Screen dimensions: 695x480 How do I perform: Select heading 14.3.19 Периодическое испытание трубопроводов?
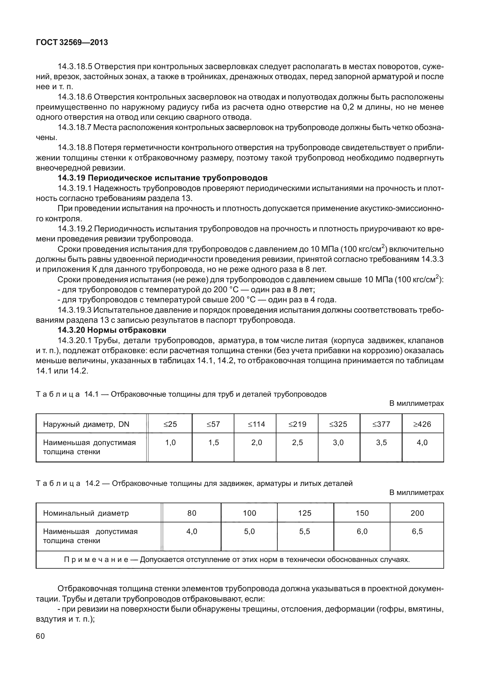point(163,178)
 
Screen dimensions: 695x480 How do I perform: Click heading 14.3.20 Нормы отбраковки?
point(112,330)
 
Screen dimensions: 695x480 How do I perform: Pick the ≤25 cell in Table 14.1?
point(170,424)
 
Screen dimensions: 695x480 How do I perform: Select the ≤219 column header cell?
point(297,424)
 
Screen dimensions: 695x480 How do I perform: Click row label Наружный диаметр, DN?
point(86,424)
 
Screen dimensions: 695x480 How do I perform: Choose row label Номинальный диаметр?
point(86,513)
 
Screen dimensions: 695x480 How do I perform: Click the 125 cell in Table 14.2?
point(305,513)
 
